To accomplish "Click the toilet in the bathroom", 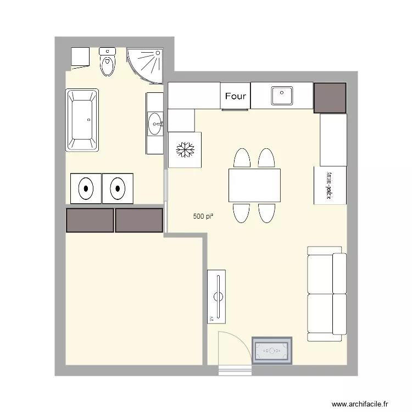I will tap(107, 63).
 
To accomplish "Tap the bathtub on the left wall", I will tap(82, 120).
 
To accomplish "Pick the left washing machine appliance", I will tap(86, 188).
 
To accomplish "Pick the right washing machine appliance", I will tap(118, 188).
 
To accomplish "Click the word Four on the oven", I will tap(236, 96).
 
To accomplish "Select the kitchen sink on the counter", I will tap(282, 96).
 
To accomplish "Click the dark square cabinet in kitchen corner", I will tap(330, 97).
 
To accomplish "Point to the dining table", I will tap(254, 186).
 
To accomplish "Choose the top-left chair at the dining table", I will tap(242, 158).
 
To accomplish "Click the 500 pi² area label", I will tap(203, 216).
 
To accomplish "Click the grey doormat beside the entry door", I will tap(272, 350).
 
